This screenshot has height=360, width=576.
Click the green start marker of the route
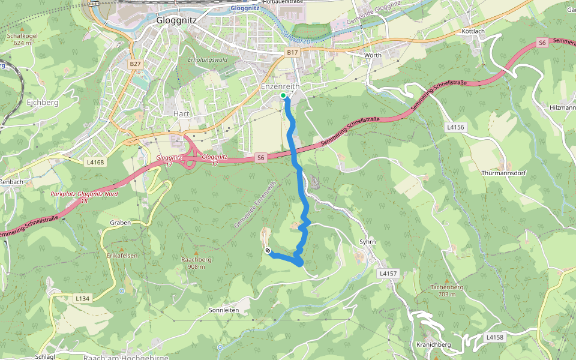[x=283, y=95]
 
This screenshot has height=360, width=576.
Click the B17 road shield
[x=292, y=53]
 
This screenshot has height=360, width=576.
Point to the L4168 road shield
[x=95, y=162]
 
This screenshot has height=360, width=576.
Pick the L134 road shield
[x=82, y=298]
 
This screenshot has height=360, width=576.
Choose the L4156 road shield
[x=456, y=127]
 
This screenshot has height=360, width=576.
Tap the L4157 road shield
[x=388, y=273]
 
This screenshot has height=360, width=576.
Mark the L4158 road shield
[x=494, y=337]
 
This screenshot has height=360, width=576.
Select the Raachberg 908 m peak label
[x=196, y=263]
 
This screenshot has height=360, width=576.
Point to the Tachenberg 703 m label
[x=447, y=290]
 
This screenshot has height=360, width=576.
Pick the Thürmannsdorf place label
[x=503, y=172]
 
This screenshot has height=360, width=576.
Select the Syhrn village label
[x=367, y=242]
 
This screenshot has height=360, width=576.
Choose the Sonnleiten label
[x=224, y=310]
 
